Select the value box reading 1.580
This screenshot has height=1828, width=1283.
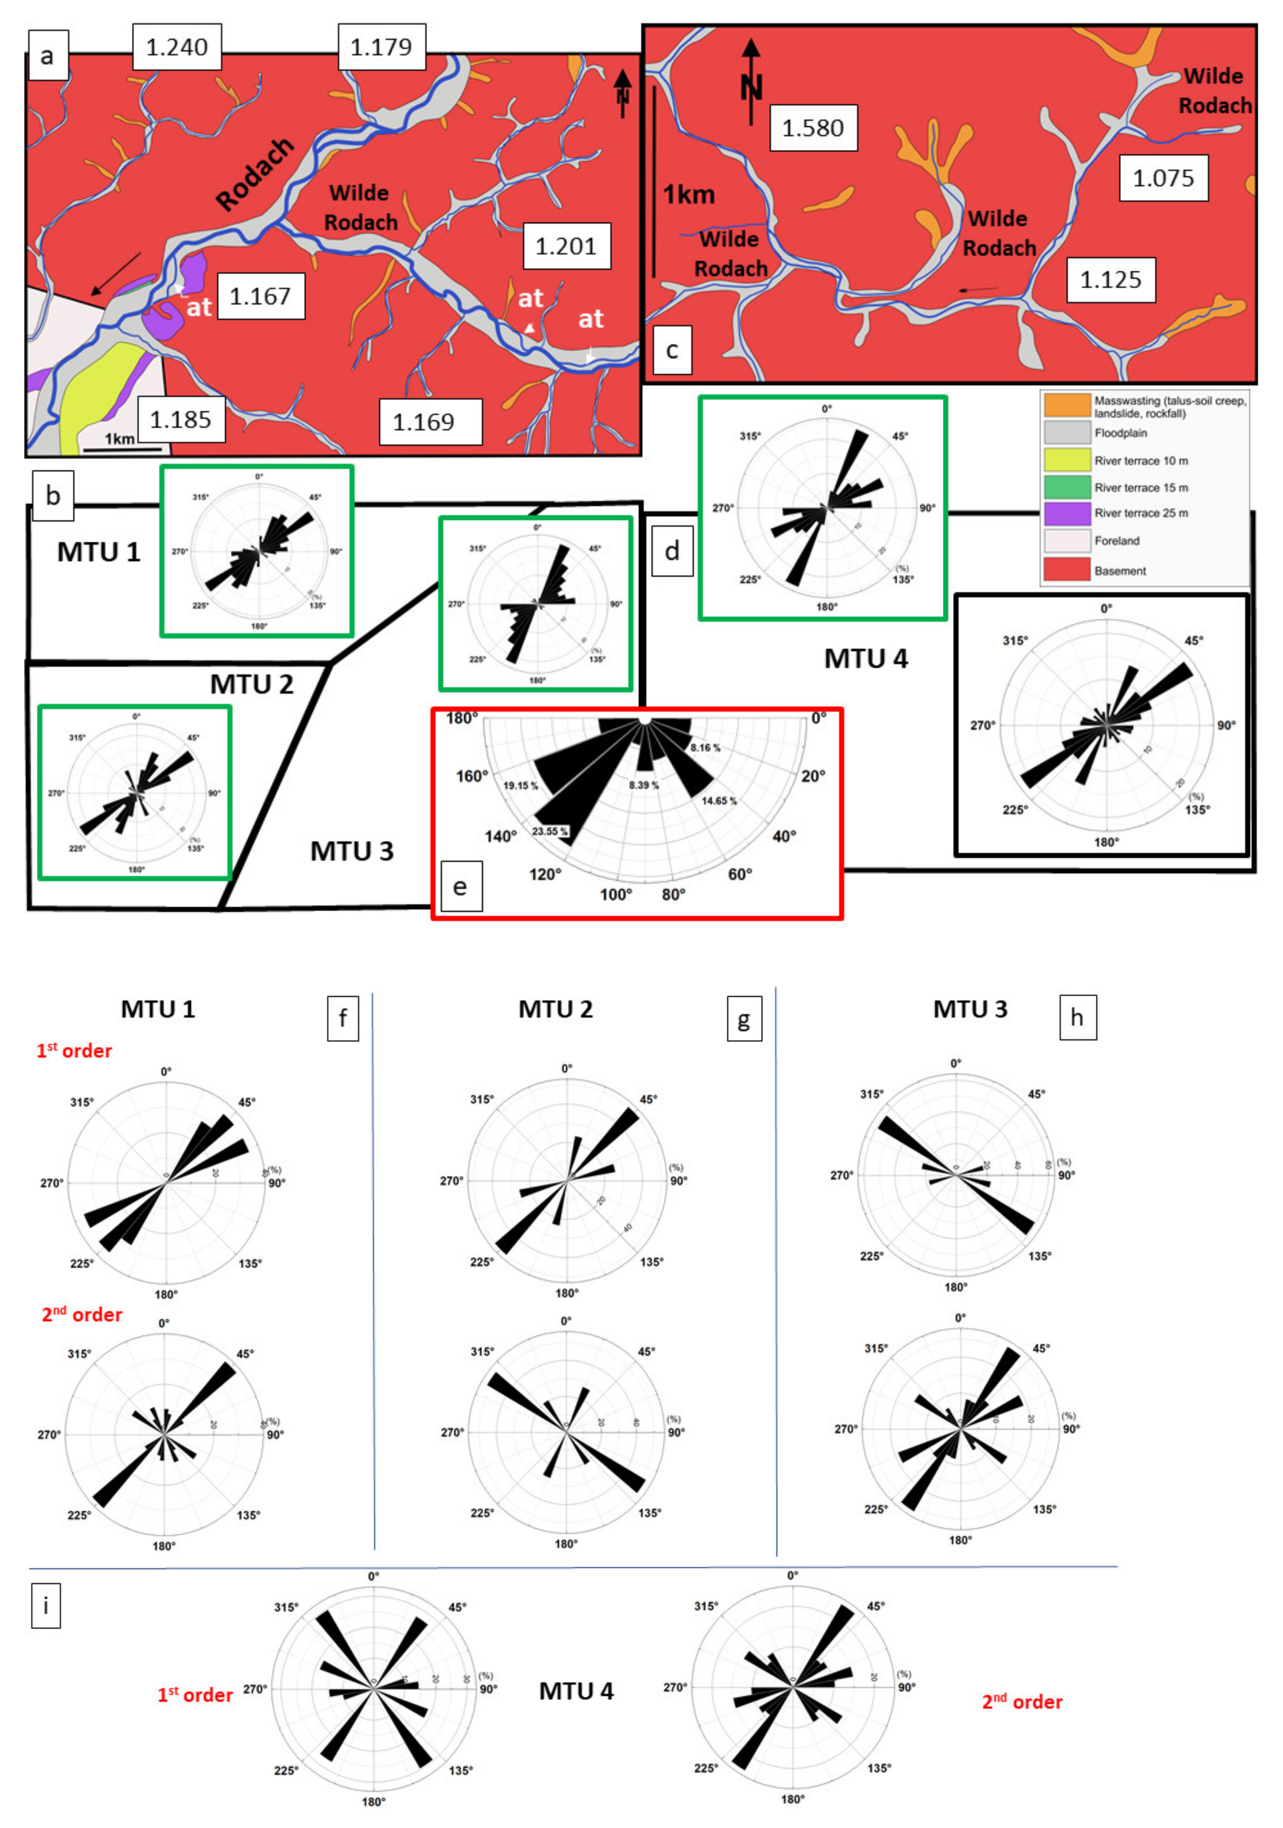pyautogui.click(x=812, y=127)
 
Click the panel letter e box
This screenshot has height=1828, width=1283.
pyautogui.click(x=460, y=886)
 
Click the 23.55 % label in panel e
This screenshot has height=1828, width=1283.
pyautogui.click(x=549, y=831)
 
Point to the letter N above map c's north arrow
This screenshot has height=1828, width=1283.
pyautogui.click(x=751, y=88)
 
